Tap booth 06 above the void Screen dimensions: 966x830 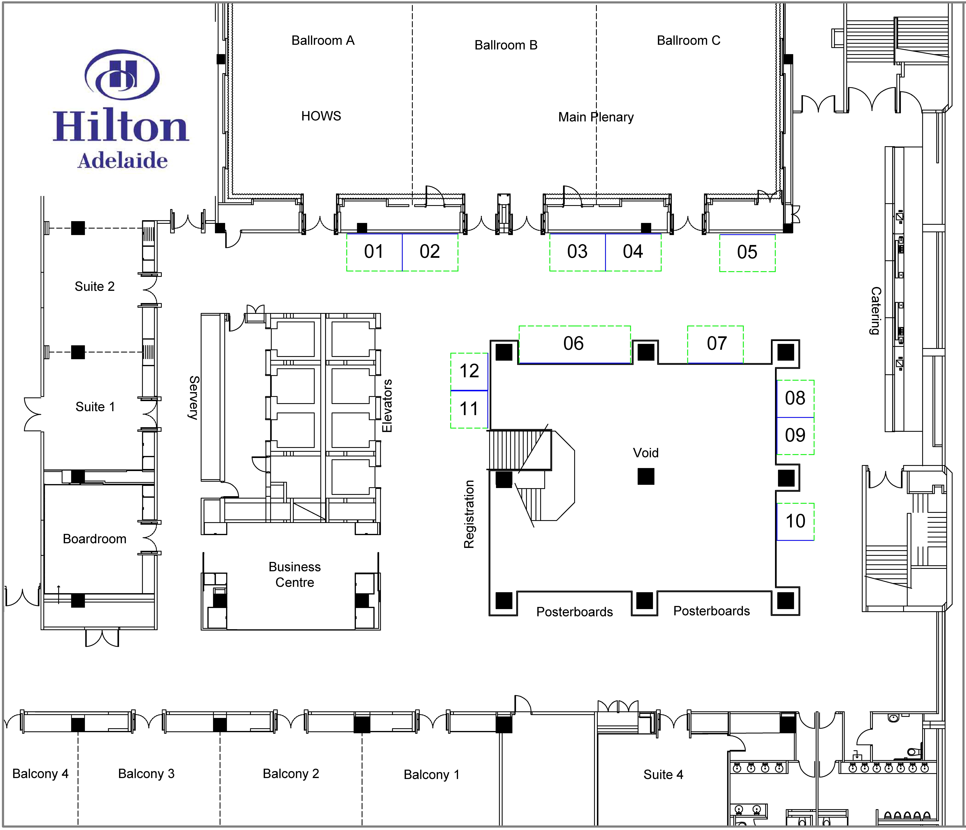(574, 344)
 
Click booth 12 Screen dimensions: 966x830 (469, 372)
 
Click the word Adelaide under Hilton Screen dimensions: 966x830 (123, 161)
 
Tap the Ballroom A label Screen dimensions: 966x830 (323, 41)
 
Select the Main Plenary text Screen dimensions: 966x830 (596, 117)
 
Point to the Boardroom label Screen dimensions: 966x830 (95, 539)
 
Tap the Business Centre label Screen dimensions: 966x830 (295, 574)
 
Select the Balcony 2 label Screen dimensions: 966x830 (291, 774)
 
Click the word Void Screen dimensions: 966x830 (646, 453)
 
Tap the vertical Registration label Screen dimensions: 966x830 (469, 514)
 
